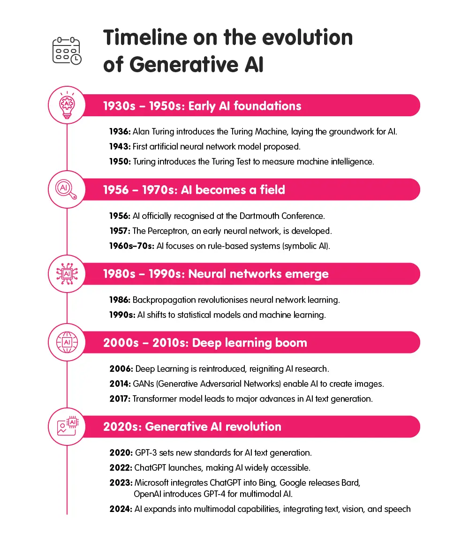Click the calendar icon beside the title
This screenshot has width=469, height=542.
(x=67, y=51)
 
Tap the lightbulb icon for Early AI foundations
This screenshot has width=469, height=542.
(x=67, y=106)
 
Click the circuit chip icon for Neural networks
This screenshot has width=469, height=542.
(x=67, y=274)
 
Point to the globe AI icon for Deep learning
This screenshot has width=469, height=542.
(x=67, y=342)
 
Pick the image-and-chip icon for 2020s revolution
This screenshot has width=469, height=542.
(x=67, y=427)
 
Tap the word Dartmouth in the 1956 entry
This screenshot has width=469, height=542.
(x=257, y=216)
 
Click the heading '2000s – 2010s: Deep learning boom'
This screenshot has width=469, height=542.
(x=205, y=343)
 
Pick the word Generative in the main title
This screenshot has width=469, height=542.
(x=182, y=65)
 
